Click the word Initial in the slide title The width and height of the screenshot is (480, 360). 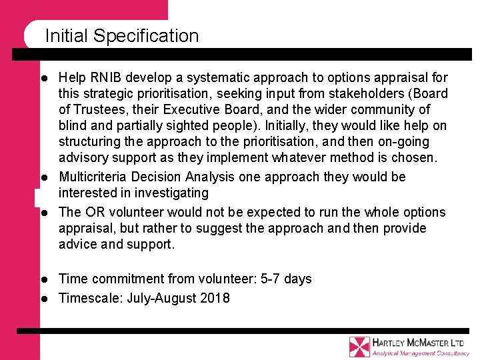67,36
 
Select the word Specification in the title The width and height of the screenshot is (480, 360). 146,37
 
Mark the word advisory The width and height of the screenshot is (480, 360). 82,158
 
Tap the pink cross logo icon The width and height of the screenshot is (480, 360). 359,346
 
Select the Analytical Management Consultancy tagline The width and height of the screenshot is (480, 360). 420,353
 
